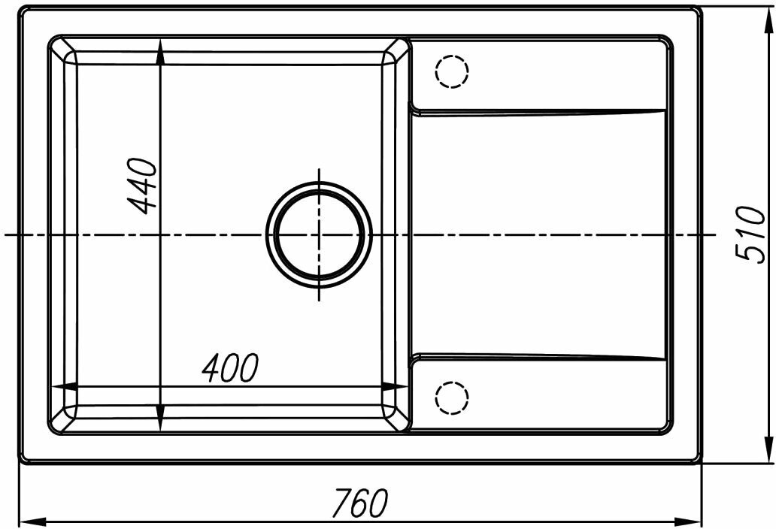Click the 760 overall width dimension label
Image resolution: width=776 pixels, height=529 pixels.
click(360, 502)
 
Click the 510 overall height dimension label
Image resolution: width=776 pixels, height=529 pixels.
click(750, 234)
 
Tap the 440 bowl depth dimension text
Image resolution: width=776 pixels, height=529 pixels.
click(142, 186)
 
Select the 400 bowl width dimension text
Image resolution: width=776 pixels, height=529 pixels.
click(230, 368)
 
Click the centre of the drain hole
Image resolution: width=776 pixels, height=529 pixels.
click(320, 234)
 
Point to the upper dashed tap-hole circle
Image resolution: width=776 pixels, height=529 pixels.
click(452, 71)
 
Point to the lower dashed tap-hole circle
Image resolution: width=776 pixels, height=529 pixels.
click(452, 398)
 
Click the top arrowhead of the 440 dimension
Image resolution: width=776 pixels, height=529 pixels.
click(160, 52)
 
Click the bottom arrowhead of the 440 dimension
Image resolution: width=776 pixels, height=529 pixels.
click(160, 419)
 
